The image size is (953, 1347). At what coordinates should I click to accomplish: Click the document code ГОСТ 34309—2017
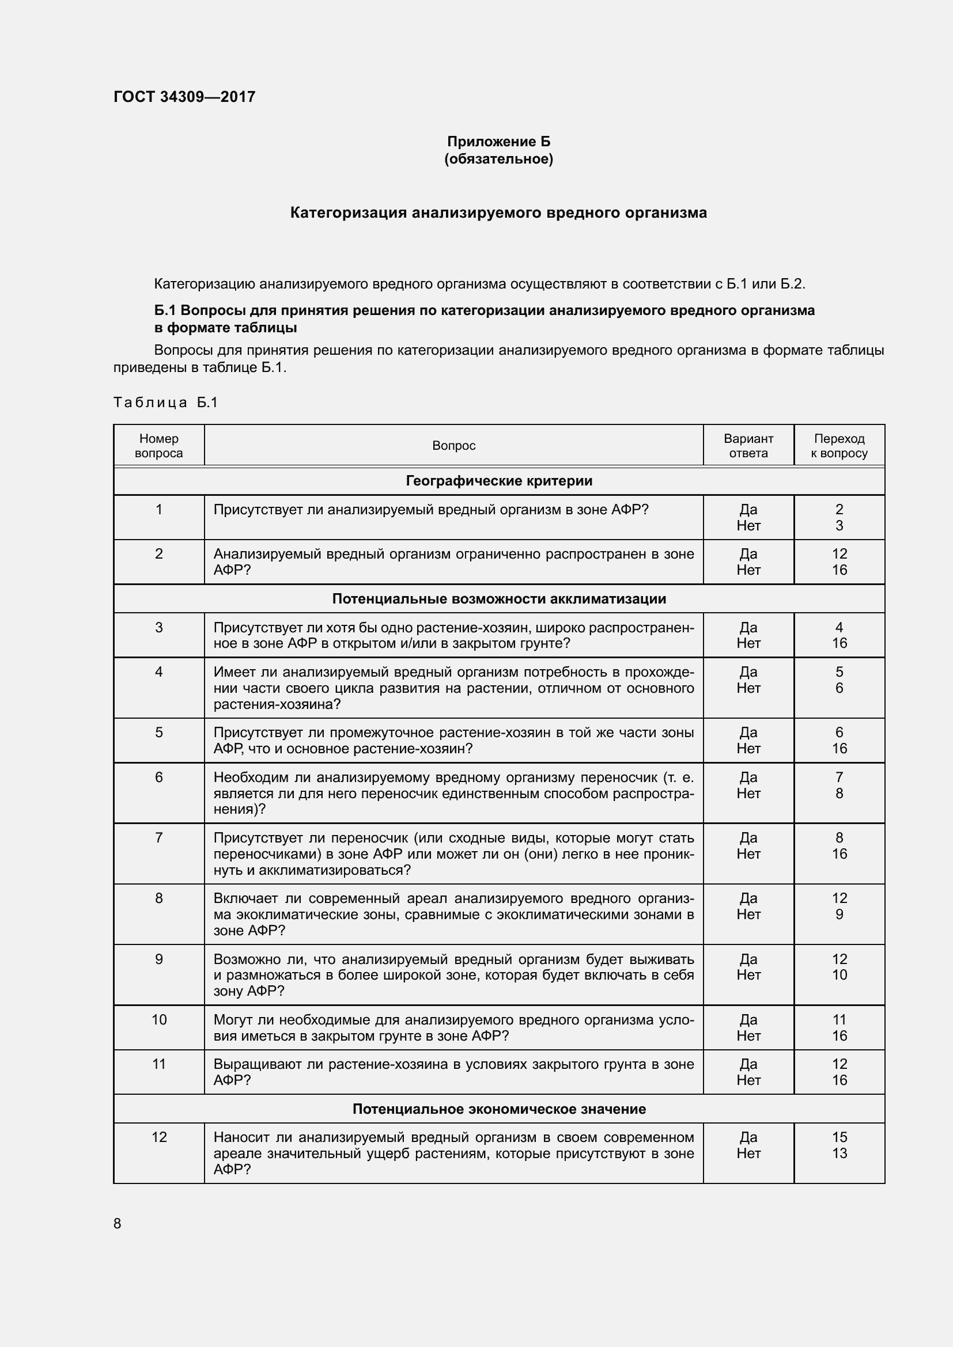tap(184, 97)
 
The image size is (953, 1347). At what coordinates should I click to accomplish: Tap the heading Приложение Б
tap(498, 142)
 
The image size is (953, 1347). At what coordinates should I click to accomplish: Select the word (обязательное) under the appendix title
tap(498, 159)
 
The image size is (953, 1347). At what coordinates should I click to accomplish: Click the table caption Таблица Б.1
tap(165, 403)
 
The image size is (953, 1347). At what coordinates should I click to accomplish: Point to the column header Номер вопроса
tap(158, 446)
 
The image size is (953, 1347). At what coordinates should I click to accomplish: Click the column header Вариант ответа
tap(748, 446)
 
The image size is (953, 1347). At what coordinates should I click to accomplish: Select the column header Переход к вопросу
tap(839, 446)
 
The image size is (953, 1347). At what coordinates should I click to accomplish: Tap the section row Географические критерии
tap(499, 481)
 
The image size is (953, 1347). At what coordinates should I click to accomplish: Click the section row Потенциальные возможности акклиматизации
tap(499, 599)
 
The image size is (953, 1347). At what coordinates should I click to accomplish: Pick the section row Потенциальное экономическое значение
tap(499, 1109)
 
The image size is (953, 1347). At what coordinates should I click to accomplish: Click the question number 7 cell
tap(158, 838)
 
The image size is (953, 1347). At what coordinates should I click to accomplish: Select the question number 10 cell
tap(159, 1020)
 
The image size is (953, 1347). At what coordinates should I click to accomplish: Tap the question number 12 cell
tap(159, 1137)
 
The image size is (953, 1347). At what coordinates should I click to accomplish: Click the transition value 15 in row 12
tap(839, 1137)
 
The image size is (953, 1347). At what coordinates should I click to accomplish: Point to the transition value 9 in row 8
tap(839, 914)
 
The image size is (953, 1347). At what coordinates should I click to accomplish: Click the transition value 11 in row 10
tap(839, 1020)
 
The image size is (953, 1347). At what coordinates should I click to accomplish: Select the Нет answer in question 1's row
tap(748, 526)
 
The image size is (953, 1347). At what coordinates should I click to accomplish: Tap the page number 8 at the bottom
tap(118, 1223)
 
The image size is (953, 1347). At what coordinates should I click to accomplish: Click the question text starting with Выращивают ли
tap(453, 1072)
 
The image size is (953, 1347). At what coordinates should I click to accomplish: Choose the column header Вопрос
tap(453, 446)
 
